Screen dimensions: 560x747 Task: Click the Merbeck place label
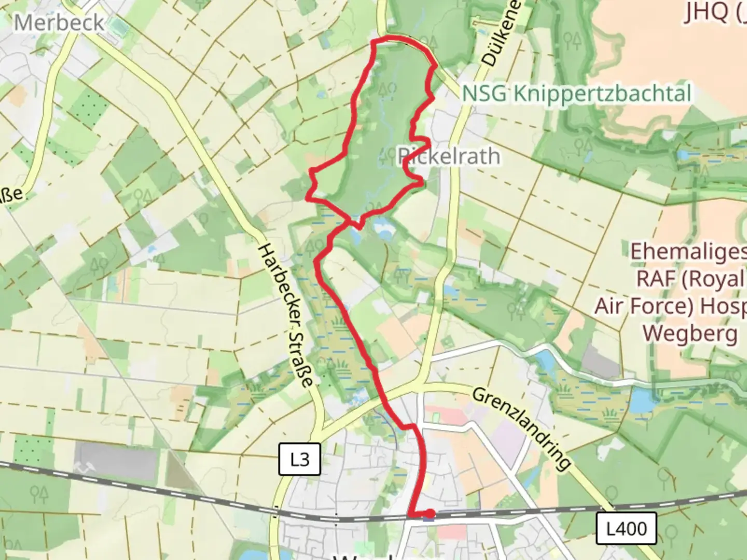[59, 22]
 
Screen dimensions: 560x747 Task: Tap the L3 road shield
[300, 459]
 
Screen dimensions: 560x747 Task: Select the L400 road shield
[626, 528]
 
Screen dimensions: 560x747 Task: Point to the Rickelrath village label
[449, 156]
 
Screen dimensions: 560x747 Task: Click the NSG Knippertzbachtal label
[576, 94]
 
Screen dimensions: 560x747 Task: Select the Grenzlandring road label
[522, 428]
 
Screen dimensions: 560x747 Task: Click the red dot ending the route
[430, 514]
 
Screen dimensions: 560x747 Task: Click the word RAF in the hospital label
[656, 279]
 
